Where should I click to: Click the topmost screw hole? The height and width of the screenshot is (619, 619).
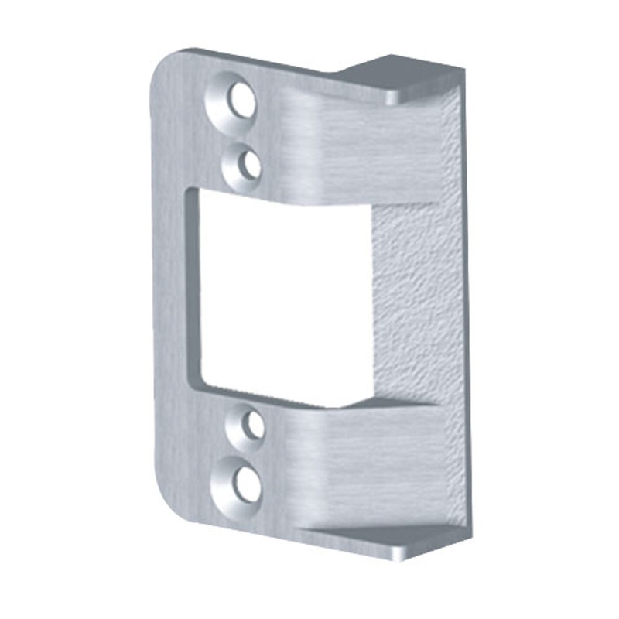(242, 102)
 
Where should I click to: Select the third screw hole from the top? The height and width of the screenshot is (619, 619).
(252, 425)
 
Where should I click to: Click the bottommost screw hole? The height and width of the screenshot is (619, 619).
(246, 484)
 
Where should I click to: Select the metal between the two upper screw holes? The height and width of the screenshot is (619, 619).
(244, 133)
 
